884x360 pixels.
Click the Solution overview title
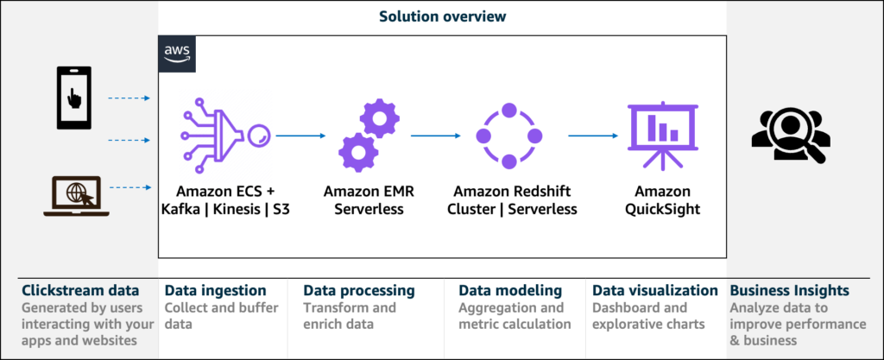pos(442,16)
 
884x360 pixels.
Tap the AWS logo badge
pos(178,54)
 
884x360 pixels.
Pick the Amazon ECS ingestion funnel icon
pos(224,135)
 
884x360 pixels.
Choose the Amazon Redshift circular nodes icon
pos(508,136)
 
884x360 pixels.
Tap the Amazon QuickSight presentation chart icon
pos(655,136)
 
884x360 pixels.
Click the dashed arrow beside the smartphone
pos(129,98)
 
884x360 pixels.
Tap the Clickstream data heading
pos(77,291)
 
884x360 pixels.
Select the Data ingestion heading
pos(215,291)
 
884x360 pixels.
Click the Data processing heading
pos(358,291)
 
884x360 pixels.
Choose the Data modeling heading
pos(510,291)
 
